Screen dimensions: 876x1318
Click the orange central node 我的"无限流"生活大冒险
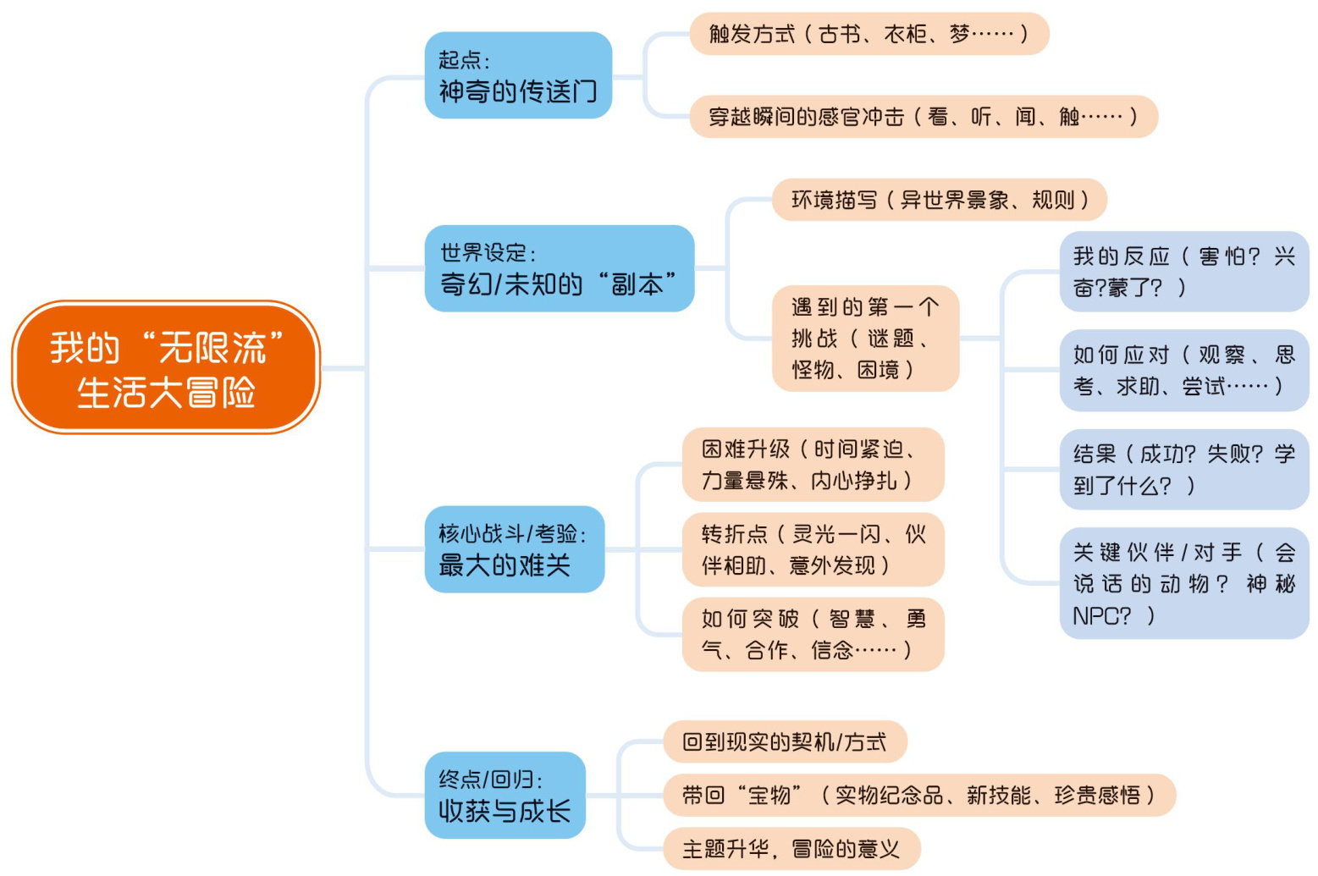coord(166,367)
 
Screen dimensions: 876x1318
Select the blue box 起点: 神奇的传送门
coord(518,75)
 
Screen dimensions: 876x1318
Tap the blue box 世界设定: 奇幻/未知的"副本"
coord(559,268)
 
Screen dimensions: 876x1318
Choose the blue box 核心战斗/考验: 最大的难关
coord(514,549)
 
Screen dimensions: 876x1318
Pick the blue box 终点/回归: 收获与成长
coord(505,795)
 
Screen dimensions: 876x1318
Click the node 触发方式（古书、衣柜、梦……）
coord(869,34)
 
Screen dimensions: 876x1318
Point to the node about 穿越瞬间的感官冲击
coord(923,116)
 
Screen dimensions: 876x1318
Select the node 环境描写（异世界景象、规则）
coord(939,200)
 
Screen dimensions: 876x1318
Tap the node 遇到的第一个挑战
coord(865,339)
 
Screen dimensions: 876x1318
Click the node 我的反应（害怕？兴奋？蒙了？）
coord(1183,271)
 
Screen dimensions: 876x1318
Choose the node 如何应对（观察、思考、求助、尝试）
coord(1183,370)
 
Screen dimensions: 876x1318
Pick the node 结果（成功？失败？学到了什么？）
coord(1183,469)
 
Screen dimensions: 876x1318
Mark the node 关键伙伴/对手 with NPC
coord(1183,583)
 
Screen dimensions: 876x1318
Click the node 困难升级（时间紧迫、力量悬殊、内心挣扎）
coord(813,465)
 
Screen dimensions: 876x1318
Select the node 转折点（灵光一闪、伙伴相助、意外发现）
coord(813,549)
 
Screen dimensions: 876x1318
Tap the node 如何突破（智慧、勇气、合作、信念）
coord(813,634)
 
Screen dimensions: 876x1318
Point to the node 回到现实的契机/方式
coord(785,742)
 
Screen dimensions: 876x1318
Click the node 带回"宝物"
coord(919,795)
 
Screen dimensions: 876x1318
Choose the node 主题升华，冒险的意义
coord(791,848)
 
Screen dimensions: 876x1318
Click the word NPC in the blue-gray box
coord(1100,616)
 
